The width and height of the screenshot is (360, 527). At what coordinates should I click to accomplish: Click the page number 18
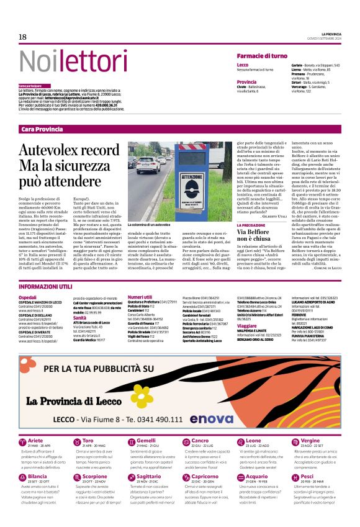22,37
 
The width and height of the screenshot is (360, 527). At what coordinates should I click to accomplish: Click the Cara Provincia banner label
42,128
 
